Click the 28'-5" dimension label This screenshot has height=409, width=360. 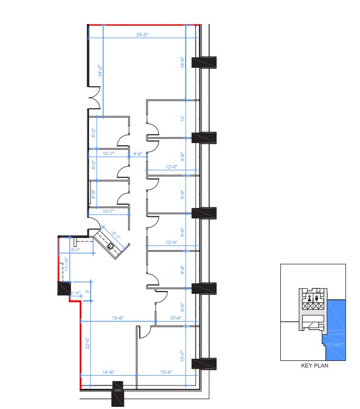point(143,34)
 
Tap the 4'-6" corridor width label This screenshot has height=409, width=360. point(138,154)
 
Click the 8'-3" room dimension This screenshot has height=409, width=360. point(94,132)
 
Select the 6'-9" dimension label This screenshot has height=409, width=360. point(94,193)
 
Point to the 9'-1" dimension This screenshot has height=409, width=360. point(76,250)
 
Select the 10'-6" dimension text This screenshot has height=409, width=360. point(175,318)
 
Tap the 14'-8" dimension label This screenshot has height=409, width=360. point(108,372)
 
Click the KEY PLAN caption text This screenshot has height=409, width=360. point(314,366)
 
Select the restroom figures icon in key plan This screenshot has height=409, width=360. point(313,298)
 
